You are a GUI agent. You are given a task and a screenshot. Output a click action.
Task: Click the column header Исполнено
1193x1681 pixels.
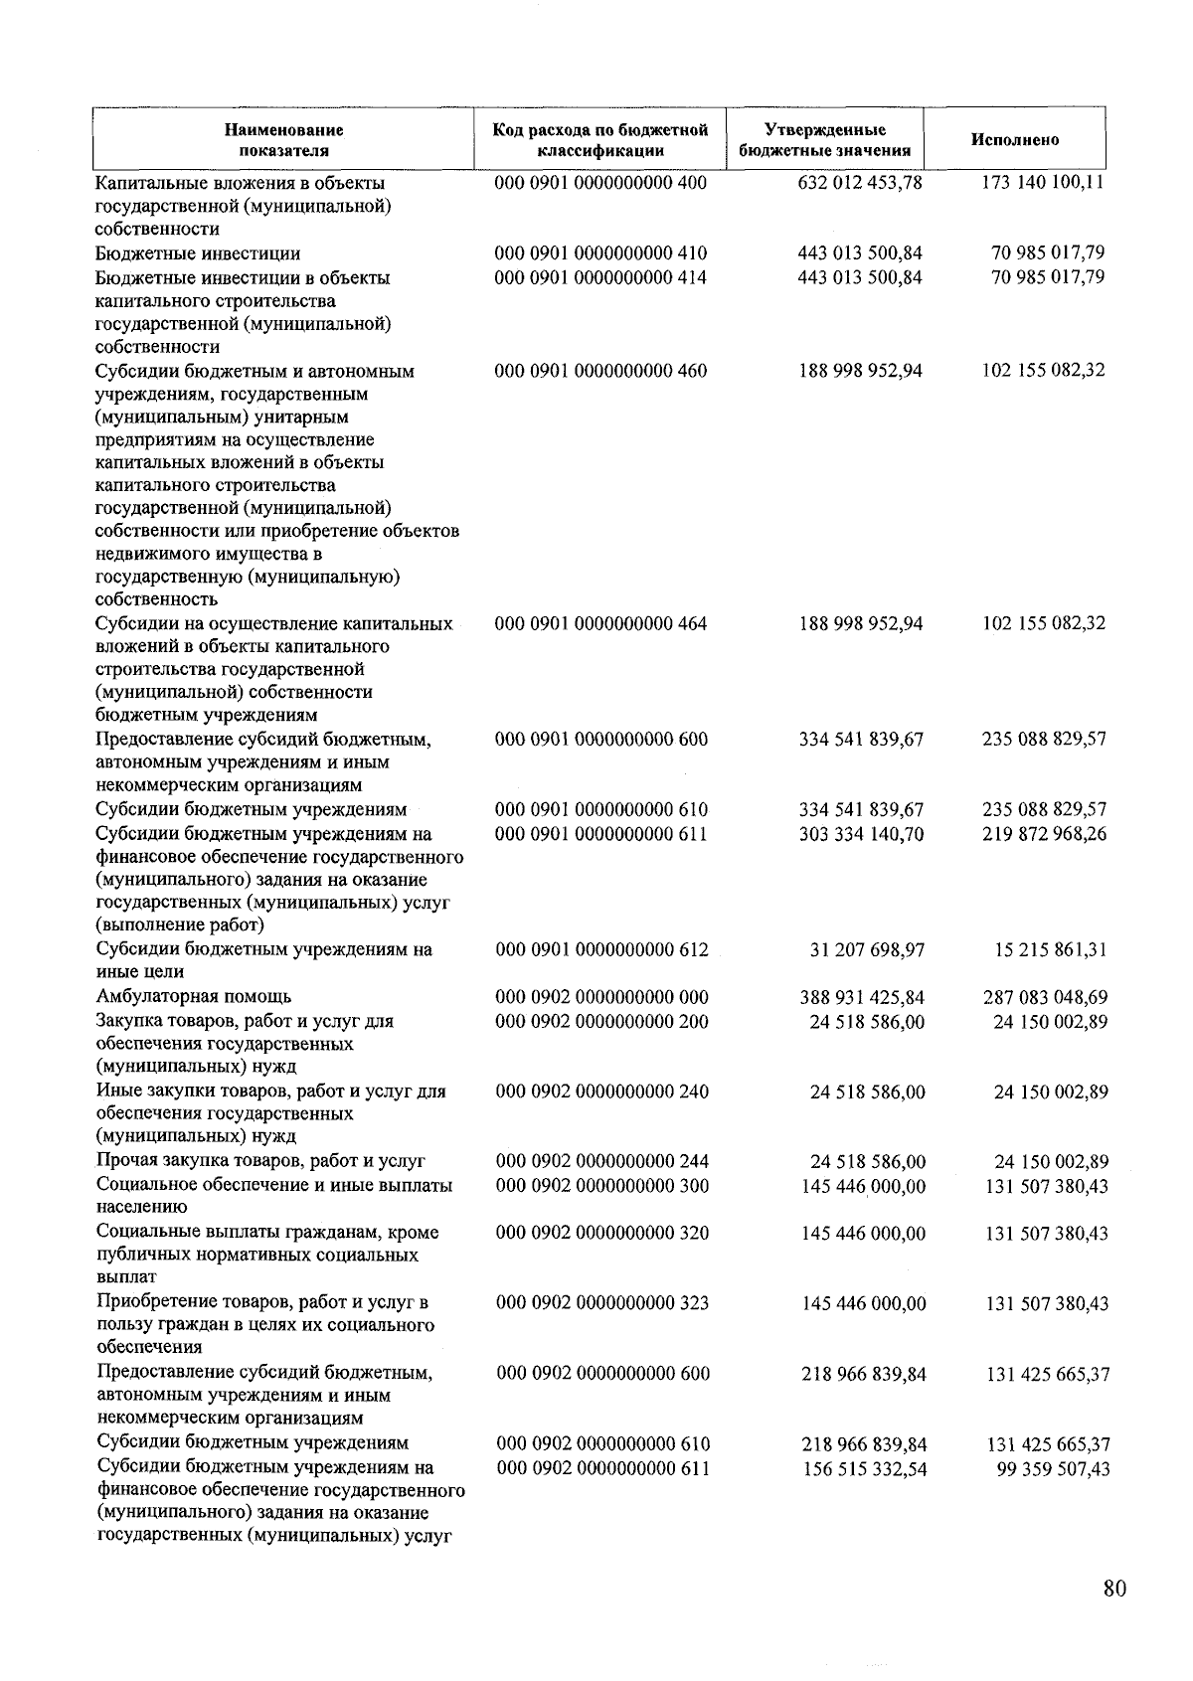[x=1014, y=140]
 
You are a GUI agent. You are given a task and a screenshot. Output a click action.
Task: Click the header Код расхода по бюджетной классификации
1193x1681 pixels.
[x=600, y=140]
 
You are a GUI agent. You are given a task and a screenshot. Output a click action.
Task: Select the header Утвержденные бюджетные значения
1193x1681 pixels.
[x=825, y=140]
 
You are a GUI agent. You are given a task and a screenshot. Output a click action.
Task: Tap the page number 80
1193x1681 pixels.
[x=1114, y=1589]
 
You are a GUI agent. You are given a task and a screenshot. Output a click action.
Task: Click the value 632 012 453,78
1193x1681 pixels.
[x=860, y=183]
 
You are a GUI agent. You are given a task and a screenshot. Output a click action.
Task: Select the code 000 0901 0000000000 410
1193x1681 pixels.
[x=600, y=253]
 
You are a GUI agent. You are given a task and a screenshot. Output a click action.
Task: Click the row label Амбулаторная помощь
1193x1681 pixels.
[x=194, y=996]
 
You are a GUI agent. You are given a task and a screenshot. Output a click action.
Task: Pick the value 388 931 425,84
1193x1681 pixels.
[x=863, y=997]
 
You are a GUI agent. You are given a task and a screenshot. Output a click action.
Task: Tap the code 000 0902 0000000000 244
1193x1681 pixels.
[x=602, y=1161]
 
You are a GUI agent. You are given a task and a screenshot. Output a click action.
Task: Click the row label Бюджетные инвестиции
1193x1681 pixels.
[x=198, y=253]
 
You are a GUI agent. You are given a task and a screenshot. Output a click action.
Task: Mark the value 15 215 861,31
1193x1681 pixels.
[x=1051, y=949]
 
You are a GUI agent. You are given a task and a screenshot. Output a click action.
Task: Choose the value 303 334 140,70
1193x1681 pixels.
[x=861, y=834]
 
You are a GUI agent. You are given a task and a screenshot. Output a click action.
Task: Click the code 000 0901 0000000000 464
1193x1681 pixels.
[x=600, y=624]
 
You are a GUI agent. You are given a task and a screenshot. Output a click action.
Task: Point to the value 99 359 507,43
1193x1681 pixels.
[x=1053, y=1469]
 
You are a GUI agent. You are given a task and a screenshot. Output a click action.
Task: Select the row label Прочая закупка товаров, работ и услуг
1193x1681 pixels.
[x=260, y=1160]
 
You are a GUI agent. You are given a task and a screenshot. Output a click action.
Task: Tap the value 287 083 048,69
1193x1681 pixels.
[x=1045, y=997]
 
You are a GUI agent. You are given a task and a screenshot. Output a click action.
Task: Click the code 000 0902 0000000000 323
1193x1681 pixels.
[x=602, y=1302]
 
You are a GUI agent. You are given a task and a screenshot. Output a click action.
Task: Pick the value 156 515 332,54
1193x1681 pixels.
[x=865, y=1469]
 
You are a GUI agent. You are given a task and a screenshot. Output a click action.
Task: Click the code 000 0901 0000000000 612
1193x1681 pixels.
[x=601, y=949]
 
